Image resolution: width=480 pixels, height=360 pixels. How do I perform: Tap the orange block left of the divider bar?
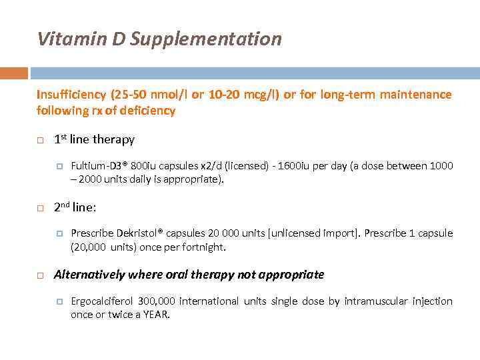click(14, 73)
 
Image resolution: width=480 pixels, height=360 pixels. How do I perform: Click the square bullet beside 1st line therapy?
click(40, 141)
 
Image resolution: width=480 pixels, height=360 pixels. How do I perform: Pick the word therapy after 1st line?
click(113, 139)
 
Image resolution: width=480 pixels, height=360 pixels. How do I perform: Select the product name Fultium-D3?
click(96, 165)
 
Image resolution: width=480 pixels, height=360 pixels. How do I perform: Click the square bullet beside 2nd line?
click(40, 209)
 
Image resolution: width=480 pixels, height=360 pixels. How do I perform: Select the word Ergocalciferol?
click(102, 301)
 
